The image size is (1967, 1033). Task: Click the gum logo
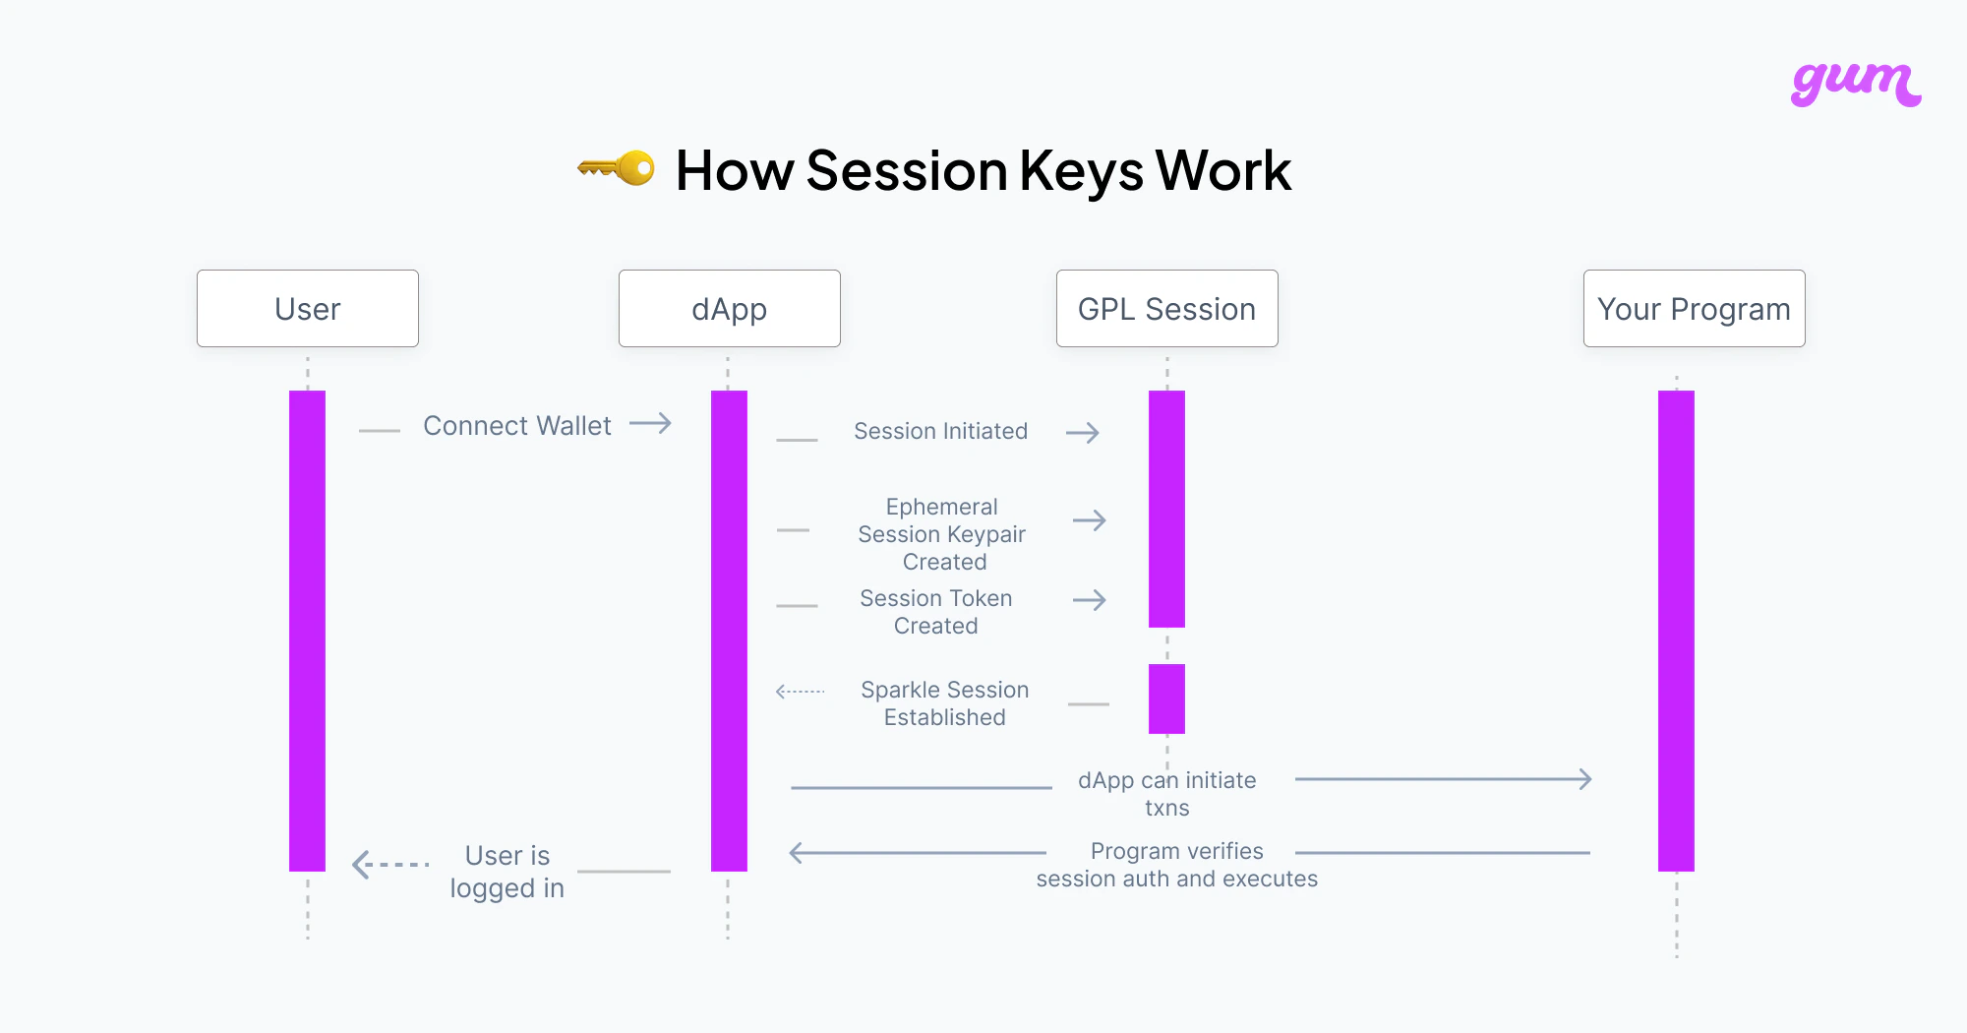point(1855,84)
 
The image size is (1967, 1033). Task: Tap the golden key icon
point(617,168)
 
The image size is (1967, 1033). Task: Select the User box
point(308,309)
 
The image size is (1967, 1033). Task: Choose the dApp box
point(729,309)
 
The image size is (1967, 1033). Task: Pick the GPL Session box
point(1166,309)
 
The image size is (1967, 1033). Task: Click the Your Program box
point(1694,309)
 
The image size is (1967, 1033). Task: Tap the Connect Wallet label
point(517,426)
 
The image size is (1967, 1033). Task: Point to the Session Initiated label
point(940,431)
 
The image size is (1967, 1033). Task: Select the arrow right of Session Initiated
point(1083,433)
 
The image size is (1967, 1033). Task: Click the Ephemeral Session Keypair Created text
point(942,534)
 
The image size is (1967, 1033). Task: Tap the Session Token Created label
point(936,612)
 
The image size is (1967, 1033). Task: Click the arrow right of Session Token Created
point(1090,600)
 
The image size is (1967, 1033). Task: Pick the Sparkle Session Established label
point(944,703)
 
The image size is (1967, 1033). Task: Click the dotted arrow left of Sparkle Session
point(800,692)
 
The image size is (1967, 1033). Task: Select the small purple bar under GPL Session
point(1166,699)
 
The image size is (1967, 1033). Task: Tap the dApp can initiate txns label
point(1166,794)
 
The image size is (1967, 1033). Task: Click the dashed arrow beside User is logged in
point(390,865)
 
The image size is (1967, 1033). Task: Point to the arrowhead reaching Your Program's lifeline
point(1583,779)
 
